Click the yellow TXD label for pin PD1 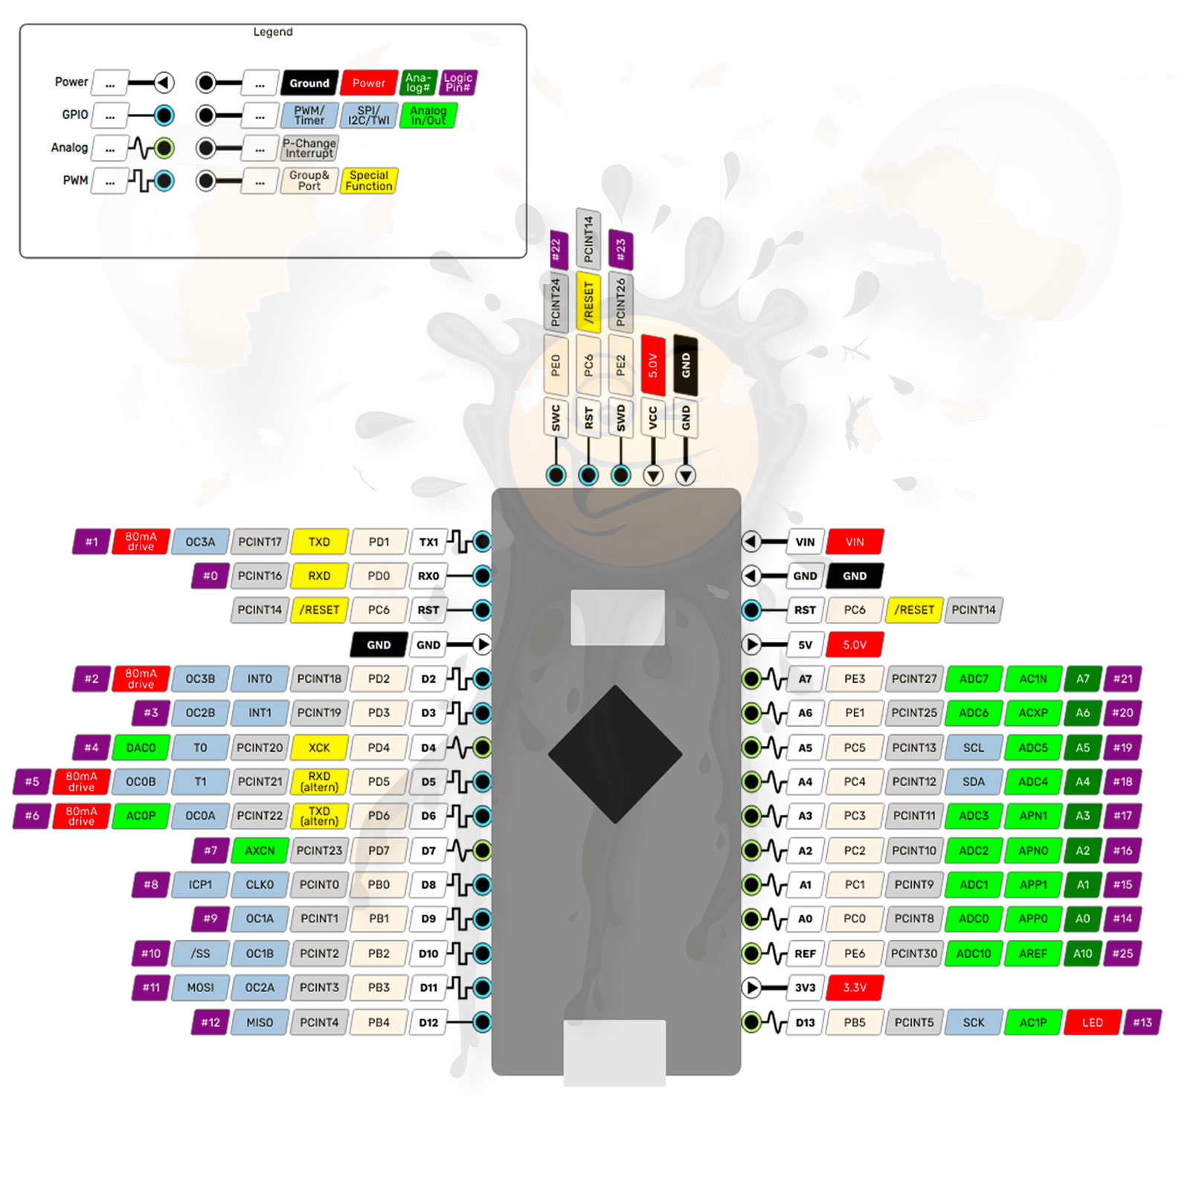(319, 542)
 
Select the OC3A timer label (200, 542)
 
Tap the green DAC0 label (141, 747)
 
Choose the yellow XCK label (319, 747)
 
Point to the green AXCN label (260, 850)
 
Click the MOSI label (200, 988)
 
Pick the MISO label (260, 1023)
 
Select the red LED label (1092, 1023)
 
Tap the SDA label (973, 782)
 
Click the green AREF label (1032, 953)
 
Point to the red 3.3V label (855, 988)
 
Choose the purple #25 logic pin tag (1122, 953)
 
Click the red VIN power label (855, 542)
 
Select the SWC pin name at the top (556, 419)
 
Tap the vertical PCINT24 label (556, 302)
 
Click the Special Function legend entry (369, 181)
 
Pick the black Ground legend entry (309, 83)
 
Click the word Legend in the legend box (273, 32)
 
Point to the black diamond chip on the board (615, 754)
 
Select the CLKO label (260, 885)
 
